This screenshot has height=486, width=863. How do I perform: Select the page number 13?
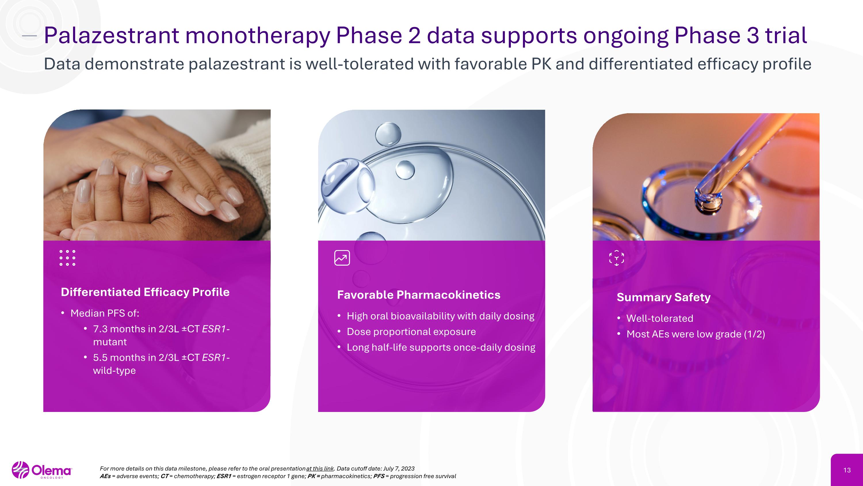(847, 470)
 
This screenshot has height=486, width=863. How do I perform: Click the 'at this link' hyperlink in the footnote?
(320, 468)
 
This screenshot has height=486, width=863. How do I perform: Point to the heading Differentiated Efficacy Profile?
(145, 292)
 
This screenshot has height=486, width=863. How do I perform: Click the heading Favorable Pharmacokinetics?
(419, 295)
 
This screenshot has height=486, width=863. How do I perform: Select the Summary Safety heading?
(663, 297)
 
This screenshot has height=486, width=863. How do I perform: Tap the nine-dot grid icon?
(67, 258)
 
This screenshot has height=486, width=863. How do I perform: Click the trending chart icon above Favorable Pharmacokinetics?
(342, 258)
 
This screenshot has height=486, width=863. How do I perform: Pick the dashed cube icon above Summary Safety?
(616, 258)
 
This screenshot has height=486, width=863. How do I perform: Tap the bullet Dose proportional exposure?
(411, 332)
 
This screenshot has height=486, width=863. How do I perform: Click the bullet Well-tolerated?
(659, 318)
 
